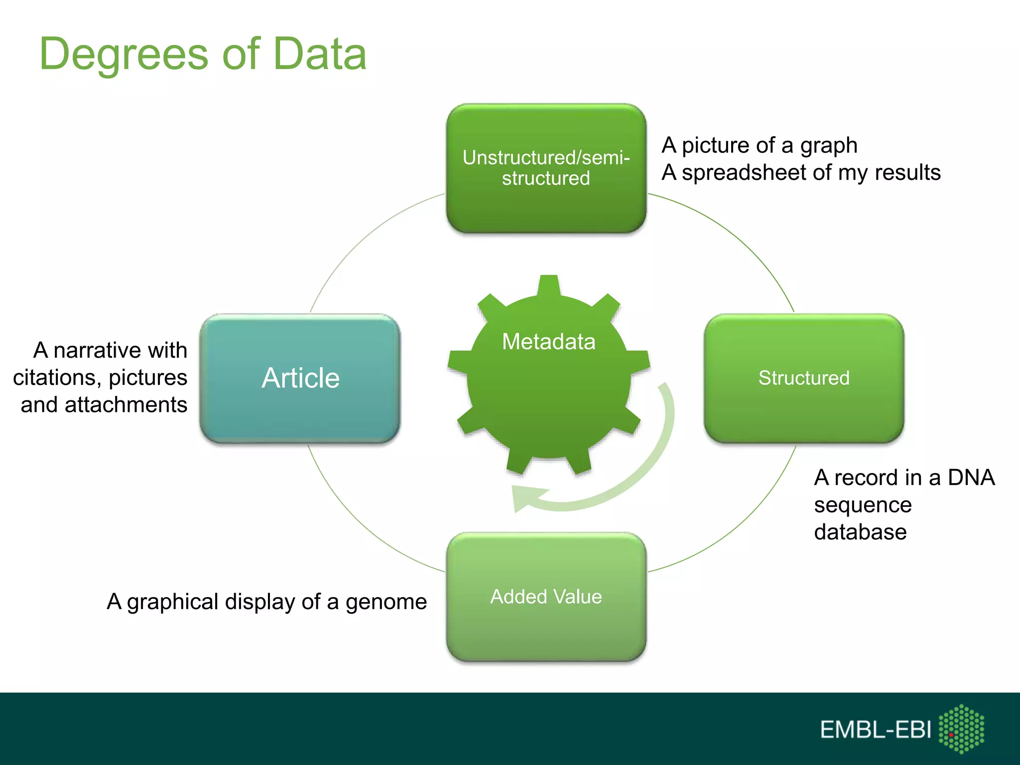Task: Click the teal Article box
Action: click(x=300, y=379)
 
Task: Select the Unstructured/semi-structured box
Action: click(x=546, y=168)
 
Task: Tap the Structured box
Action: click(x=803, y=379)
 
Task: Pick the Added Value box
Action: click(x=546, y=597)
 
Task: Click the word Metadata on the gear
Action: click(x=548, y=342)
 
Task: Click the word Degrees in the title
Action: click(x=124, y=55)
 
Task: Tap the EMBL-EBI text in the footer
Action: click(x=875, y=730)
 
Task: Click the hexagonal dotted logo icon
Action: click(x=961, y=729)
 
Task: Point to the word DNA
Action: click(x=971, y=478)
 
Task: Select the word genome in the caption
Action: click(x=386, y=603)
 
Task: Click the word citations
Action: click(x=55, y=378)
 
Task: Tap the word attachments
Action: click(x=126, y=405)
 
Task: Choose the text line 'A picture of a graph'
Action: click(x=760, y=145)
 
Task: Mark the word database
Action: click(x=860, y=532)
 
